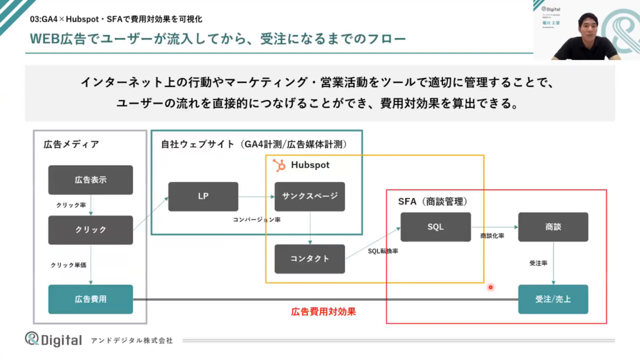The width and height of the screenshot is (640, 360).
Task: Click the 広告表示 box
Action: (x=91, y=180)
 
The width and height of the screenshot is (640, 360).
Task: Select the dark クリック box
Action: (x=91, y=230)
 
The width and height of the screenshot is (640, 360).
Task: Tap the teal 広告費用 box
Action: (x=91, y=299)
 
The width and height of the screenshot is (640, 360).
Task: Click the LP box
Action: (x=203, y=196)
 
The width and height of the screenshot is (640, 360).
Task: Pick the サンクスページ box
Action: (x=310, y=196)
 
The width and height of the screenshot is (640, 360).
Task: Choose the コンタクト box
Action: (x=310, y=259)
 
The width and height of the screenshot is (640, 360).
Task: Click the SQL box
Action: (x=436, y=227)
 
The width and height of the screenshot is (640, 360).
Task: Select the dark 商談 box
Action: (x=553, y=227)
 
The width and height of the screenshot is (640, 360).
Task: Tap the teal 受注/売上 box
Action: (x=553, y=299)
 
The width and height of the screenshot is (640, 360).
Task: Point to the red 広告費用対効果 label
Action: (x=324, y=311)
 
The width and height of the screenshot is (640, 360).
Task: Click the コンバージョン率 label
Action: (x=256, y=219)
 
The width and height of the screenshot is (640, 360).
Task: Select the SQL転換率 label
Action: (x=383, y=251)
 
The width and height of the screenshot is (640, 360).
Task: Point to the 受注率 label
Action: (x=538, y=264)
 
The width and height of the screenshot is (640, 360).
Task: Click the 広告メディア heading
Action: (x=71, y=144)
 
